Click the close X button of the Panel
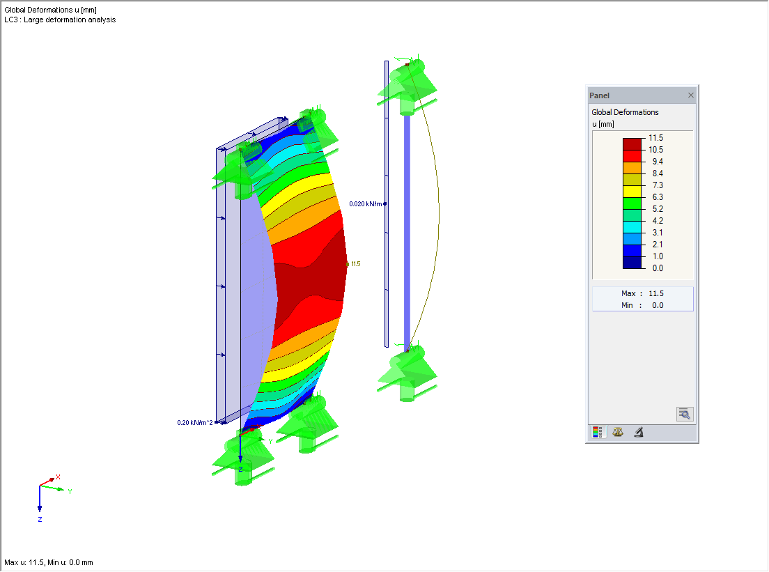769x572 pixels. pos(690,95)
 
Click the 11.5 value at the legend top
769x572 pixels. pos(655,138)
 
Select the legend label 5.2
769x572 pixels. pos(658,209)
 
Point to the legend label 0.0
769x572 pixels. pos(658,268)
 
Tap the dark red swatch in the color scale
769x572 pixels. pos(632,144)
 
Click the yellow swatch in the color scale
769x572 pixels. pos(632,192)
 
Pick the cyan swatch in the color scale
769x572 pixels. pos(632,227)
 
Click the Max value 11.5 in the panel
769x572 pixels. pos(656,293)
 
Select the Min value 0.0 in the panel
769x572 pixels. pos(658,305)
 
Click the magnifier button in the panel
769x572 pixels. pos(685,414)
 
